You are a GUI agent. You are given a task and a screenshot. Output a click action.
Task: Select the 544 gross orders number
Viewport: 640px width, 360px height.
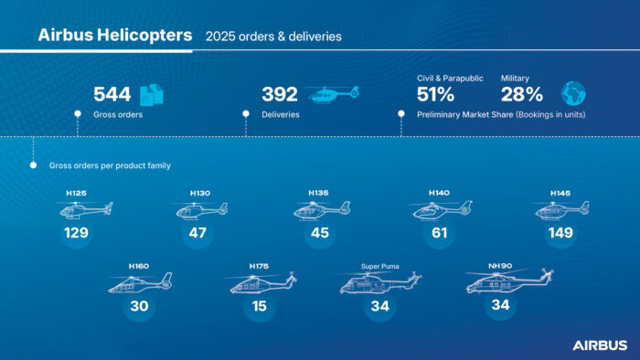click(112, 94)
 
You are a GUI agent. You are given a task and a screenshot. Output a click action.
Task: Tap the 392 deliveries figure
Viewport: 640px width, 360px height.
click(280, 94)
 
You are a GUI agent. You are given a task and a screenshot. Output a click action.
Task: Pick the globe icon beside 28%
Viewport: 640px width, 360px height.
click(573, 93)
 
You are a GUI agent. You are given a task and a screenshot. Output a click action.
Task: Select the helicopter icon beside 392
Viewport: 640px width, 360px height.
click(333, 94)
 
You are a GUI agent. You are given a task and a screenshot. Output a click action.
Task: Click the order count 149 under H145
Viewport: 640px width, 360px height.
click(560, 233)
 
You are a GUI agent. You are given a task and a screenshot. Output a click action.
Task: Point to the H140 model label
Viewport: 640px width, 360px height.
click(438, 194)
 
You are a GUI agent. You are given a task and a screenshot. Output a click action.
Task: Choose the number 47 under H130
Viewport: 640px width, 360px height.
click(198, 233)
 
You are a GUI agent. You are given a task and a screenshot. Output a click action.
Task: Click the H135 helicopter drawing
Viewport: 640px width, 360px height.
click(319, 210)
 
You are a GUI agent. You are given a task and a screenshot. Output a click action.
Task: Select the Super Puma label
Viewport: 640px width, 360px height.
click(379, 266)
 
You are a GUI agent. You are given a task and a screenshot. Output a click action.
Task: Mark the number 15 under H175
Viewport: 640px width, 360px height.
click(260, 306)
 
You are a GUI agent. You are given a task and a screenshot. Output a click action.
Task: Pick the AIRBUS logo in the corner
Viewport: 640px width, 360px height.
click(600, 344)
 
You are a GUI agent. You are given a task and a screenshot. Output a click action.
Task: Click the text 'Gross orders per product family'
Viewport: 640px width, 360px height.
click(98, 166)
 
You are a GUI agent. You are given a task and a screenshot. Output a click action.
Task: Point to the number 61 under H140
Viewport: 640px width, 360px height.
click(438, 233)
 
